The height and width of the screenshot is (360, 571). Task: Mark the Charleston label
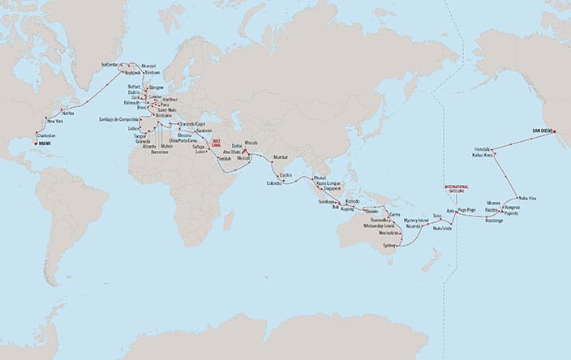tap(47, 135)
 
